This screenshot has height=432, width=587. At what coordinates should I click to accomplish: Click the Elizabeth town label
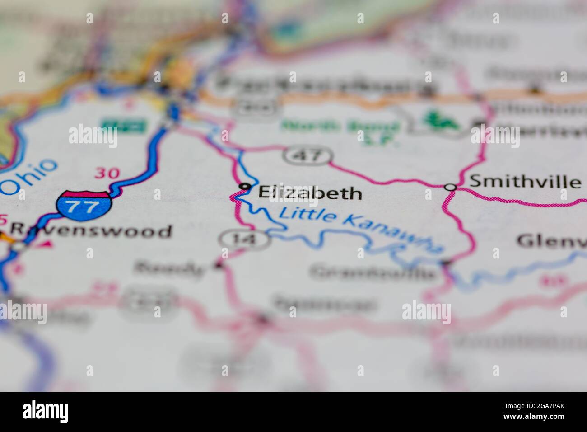point(310,193)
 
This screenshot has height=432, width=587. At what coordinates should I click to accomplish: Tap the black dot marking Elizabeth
point(245,186)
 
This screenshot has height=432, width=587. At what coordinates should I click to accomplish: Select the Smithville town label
point(525,182)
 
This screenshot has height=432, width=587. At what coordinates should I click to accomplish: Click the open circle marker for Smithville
point(449,187)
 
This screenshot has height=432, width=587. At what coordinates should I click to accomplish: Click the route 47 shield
point(309,156)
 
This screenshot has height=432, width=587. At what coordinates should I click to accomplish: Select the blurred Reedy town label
point(169,269)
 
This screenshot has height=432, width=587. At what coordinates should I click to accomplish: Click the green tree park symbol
point(441,120)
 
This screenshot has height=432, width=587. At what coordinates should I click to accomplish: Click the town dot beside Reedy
point(219,265)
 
